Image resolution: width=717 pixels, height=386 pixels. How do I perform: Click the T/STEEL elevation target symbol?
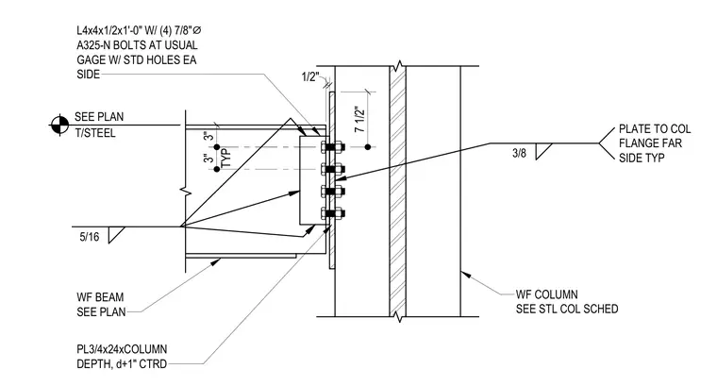pos(59,125)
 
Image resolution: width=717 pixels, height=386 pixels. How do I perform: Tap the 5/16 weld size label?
pos(90,237)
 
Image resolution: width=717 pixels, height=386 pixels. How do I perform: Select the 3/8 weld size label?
pos(519,153)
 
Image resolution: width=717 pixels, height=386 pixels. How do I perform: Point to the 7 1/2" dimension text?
pos(359,119)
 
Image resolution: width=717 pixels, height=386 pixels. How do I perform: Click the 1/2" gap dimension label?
pos(310,76)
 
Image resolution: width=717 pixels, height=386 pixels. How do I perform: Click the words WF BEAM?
pos(100,297)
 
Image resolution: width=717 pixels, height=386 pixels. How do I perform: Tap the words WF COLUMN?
pos(547,294)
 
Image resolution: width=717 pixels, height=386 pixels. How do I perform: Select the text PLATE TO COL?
pos(655,129)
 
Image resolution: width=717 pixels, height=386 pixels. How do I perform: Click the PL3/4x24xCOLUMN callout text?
pos(122,349)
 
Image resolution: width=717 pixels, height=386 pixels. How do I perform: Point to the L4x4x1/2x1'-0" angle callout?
pos(139,30)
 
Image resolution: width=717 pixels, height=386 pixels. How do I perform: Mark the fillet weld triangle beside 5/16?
pos(116,235)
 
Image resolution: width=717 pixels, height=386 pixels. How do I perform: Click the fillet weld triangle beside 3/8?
pos(543,151)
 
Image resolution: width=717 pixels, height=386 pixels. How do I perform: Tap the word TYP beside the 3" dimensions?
pos(226,158)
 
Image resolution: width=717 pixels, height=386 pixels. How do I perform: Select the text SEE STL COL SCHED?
pos(567,310)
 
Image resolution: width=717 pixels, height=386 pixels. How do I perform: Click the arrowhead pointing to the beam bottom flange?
pos(215,262)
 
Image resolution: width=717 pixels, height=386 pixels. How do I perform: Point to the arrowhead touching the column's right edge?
pos(465,275)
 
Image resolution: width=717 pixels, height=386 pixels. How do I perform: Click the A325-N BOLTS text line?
pos(137,45)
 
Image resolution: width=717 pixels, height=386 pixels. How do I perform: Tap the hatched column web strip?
pos(397,192)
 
